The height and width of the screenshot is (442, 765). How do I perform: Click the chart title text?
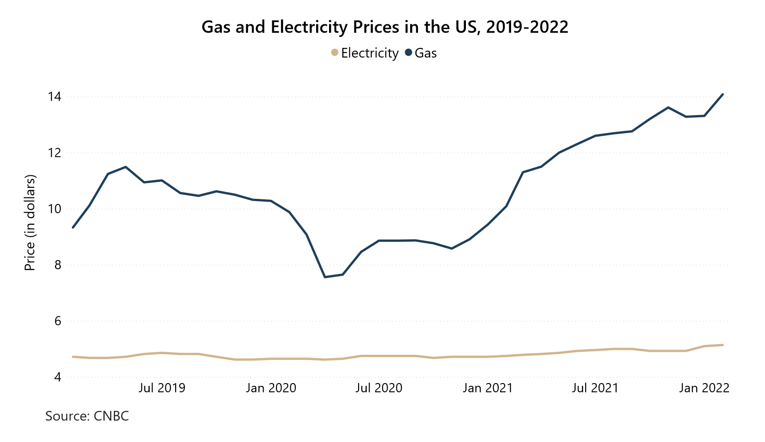[385, 27]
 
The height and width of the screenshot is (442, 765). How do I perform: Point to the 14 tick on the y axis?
[55, 97]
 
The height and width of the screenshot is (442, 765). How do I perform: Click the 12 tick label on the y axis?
[55, 153]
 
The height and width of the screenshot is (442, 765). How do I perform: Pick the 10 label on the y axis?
[55, 209]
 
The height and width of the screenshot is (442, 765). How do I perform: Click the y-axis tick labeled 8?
[58, 265]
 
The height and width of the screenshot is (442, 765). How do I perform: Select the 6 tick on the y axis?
[58, 321]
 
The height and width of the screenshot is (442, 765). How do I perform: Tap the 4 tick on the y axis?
[58, 378]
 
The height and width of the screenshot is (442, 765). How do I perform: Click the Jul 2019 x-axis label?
[162, 388]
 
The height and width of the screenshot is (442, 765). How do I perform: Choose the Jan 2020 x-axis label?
[271, 388]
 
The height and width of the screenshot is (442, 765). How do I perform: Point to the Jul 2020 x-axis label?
[379, 388]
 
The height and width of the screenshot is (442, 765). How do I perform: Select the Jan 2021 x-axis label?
[488, 388]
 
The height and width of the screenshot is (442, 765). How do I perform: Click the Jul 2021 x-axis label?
[595, 388]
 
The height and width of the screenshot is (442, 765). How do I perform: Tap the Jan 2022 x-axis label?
[704, 388]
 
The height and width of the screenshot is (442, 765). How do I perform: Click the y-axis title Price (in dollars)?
[30, 223]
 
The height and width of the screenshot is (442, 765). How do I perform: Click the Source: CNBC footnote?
[87, 416]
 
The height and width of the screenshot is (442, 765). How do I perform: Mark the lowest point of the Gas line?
[325, 277]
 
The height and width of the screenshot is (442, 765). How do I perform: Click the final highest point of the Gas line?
[723, 94]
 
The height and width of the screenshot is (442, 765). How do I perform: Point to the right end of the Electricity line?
[723, 345]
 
